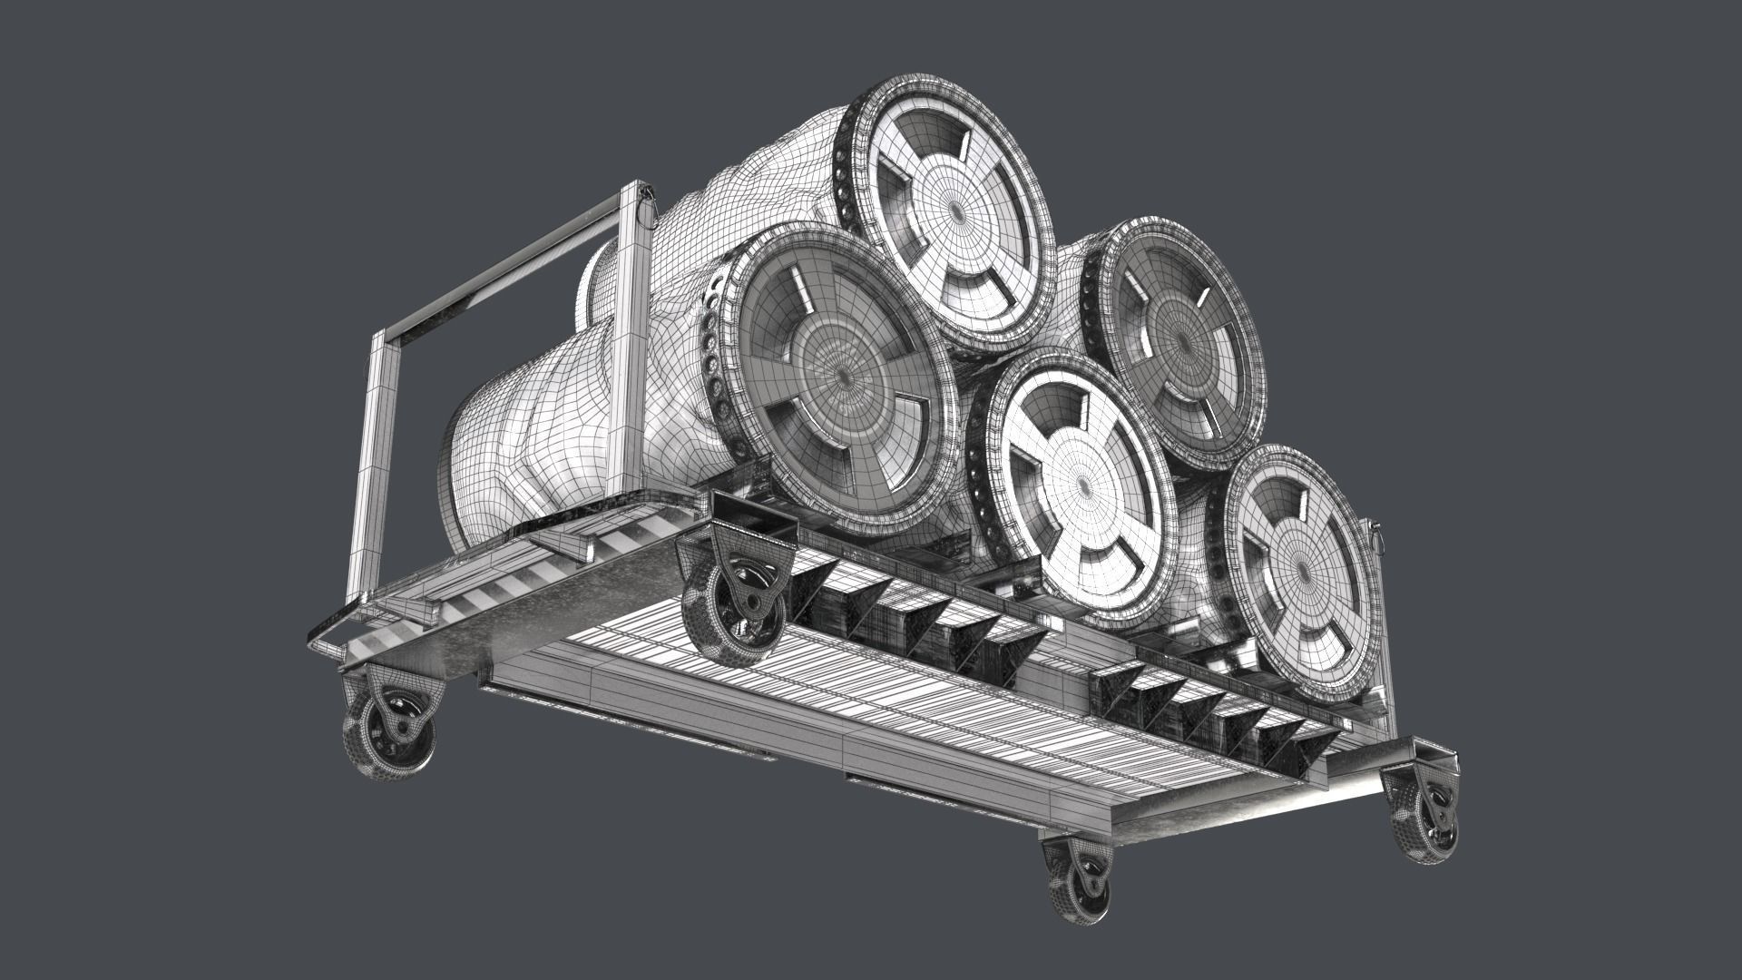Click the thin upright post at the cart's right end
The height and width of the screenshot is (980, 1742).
[1377, 617]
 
